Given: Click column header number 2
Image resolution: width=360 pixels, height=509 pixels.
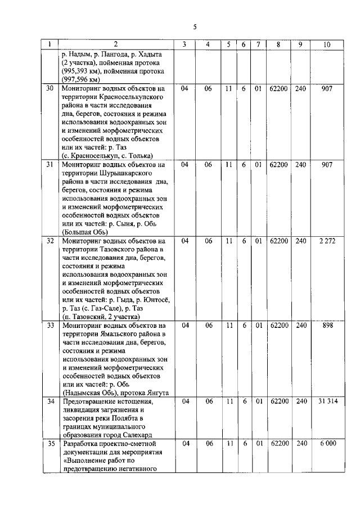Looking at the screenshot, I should click(x=116, y=44).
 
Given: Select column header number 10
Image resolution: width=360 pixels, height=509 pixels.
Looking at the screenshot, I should click(x=326, y=44).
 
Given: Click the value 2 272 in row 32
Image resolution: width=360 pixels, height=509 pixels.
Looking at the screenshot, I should click(x=326, y=241).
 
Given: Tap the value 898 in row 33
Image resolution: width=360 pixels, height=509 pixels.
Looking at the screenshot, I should click(x=326, y=326).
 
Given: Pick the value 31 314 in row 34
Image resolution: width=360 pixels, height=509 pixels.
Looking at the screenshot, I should click(x=326, y=402).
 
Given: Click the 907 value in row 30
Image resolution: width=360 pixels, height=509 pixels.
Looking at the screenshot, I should click(x=326, y=89).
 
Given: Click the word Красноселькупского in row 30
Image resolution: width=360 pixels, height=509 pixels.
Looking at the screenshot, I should click(x=130, y=97).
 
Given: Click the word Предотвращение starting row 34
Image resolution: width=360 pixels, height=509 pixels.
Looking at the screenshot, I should click(x=93, y=402).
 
